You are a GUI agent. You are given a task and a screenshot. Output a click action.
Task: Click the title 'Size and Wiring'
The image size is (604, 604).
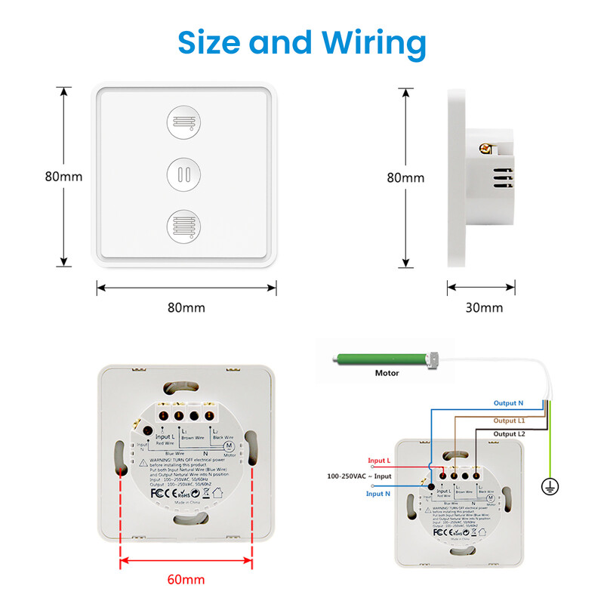coord(302,43)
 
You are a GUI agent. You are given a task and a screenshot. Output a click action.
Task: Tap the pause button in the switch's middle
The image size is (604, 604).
coord(185,174)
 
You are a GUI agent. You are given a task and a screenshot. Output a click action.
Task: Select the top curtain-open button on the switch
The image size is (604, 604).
coord(185,122)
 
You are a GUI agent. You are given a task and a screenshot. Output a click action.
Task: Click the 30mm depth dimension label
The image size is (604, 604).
coord(483,308)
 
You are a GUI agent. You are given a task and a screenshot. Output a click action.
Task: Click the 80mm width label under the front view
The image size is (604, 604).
coord(186,308)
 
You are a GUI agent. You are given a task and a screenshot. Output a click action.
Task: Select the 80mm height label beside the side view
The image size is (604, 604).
coord(405,178)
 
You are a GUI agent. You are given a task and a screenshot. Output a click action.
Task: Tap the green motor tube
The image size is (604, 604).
coord(381,359)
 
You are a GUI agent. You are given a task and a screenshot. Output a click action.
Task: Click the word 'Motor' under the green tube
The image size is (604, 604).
coord(387,373)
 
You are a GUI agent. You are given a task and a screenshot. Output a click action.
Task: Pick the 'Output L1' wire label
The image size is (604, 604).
coord(510,421)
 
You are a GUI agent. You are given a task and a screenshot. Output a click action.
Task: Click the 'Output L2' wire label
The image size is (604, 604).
coord(510,434)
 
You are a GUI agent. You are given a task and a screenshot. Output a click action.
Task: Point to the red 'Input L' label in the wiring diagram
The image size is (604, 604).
coord(379,461)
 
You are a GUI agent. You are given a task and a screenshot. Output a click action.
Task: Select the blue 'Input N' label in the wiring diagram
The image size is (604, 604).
coord(379,493)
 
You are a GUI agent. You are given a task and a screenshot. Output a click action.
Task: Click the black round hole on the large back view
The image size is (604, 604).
coord(149,430)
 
